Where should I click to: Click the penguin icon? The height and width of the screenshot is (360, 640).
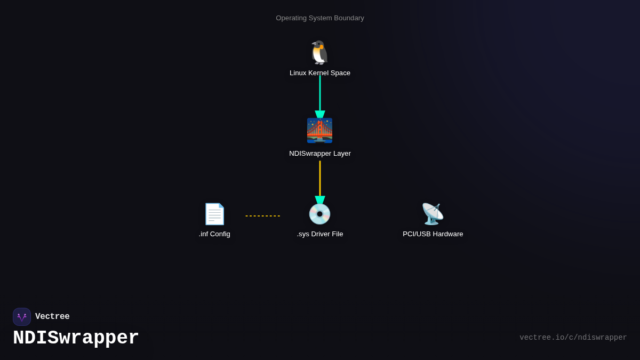(319, 53)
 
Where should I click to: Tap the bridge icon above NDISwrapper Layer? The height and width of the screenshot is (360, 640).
(319, 130)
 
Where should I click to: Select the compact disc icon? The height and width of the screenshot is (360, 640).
(319, 214)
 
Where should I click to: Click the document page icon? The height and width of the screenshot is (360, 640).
(214, 214)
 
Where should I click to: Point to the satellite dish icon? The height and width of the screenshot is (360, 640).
(433, 214)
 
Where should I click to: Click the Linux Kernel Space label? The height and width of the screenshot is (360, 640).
(319, 73)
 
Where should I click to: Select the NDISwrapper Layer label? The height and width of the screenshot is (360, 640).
(319, 154)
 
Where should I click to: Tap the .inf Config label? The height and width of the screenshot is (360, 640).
(214, 234)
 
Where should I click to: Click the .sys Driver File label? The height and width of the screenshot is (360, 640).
(319, 234)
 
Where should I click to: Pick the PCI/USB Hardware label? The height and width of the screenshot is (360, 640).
(433, 234)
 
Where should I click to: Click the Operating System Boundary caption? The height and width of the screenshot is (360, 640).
(319, 18)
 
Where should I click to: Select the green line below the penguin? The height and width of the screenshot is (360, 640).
(319, 93)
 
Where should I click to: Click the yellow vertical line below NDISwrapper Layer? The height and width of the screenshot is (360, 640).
(319, 179)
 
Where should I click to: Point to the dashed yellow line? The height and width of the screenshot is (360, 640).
(263, 216)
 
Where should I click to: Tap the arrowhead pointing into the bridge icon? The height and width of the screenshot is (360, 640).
(319, 114)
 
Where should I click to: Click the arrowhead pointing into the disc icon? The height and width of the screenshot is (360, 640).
(319, 200)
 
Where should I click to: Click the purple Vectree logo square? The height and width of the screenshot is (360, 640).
(22, 317)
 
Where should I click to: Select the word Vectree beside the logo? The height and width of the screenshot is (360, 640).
(52, 316)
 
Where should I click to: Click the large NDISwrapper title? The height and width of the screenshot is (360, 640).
(76, 338)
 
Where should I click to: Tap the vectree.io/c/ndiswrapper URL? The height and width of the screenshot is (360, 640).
(573, 338)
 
